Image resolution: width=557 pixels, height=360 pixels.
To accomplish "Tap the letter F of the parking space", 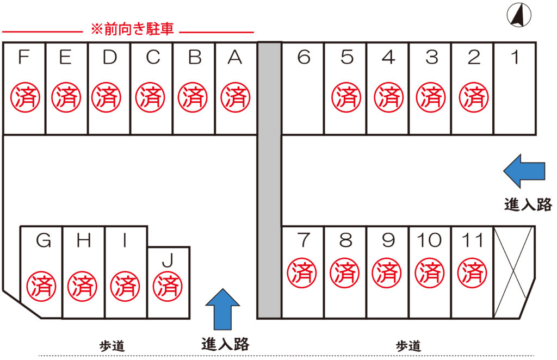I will click(x=23, y=57).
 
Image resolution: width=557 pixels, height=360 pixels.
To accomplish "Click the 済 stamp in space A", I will click(x=236, y=97).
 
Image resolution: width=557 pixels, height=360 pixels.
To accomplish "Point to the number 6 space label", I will click(x=304, y=57).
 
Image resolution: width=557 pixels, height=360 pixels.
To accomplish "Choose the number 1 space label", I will click(x=514, y=57).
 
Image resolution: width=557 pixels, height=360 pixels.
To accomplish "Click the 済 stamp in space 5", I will click(x=346, y=97).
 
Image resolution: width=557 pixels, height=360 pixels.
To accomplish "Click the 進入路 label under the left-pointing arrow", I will click(x=528, y=204).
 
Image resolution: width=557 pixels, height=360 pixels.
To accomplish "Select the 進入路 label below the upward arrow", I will click(x=225, y=344).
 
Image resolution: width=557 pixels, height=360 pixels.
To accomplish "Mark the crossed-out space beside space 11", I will click(x=513, y=272).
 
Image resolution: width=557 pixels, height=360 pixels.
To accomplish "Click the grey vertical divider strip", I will click(x=269, y=179).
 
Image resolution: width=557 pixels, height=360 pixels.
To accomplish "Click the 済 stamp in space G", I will click(x=41, y=285).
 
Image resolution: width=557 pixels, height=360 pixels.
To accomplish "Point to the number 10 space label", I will click(x=429, y=240).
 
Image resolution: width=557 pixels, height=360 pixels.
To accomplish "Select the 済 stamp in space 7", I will click(x=301, y=272).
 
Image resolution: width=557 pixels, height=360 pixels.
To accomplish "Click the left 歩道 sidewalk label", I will click(x=112, y=345).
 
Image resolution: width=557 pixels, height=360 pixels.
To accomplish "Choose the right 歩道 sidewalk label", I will click(x=408, y=345).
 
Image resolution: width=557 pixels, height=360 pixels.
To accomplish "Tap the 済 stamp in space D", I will click(x=106, y=97).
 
